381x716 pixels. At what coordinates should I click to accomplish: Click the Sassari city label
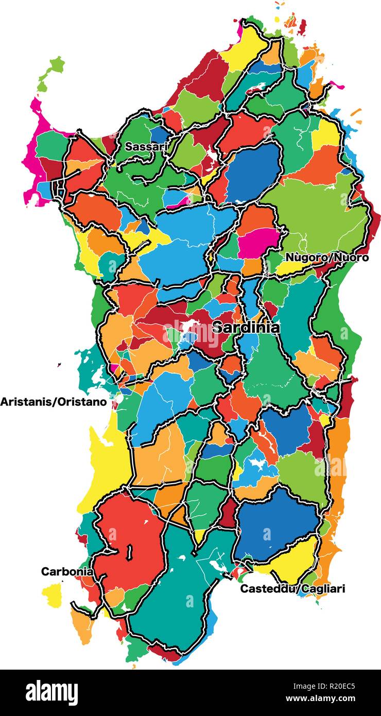point(147,147)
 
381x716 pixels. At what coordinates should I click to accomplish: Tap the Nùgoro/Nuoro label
point(327,257)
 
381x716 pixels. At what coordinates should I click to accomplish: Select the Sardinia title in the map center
point(246,328)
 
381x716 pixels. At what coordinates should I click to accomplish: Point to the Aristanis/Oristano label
point(57,402)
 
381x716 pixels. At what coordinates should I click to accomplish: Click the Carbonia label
point(67,571)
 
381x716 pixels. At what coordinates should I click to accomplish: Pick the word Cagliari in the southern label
point(323,588)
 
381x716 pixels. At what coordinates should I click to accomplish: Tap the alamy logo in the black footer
point(51,692)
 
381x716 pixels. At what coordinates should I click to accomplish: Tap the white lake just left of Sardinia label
point(188,326)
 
